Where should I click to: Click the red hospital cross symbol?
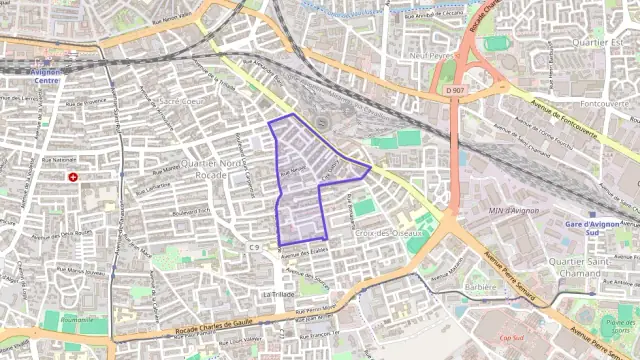[x=72, y=176]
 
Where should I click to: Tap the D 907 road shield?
[x=455, y=90]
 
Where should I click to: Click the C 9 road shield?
[x=255, y=246]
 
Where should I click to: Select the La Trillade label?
[x=281, y=295]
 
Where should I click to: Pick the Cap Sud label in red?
[x=510, y=338]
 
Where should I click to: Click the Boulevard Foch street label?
[x=190, y=211]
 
